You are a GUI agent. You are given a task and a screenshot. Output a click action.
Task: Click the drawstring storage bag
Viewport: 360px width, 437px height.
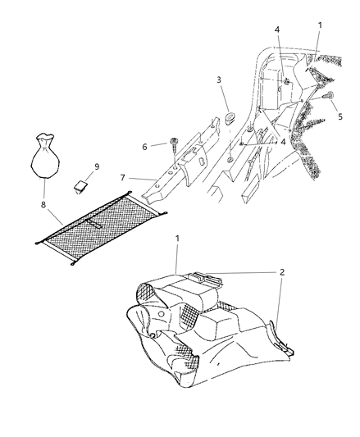tap(44, 156)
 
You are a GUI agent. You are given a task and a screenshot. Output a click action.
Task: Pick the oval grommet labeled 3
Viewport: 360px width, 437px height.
tap(230, 118)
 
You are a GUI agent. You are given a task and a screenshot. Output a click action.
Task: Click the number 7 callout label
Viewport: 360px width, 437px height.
tap(123, 178)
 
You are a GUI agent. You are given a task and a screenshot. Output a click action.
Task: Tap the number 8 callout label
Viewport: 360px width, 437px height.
tap(43, 205)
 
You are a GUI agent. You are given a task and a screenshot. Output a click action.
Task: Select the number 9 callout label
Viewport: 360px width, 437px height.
tap(97, 166)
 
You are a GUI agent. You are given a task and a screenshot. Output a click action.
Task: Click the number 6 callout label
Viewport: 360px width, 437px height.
tap(144, 147)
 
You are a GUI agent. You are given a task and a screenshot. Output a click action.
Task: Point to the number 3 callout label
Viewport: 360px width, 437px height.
tap(219, 80)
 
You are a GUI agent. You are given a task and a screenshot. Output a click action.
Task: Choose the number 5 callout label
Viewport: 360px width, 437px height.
tap(340, 116)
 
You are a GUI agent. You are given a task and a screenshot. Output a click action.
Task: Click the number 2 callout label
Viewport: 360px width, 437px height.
tap(282, 272)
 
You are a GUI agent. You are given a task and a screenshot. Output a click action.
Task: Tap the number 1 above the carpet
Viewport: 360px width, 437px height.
tap(177, 239)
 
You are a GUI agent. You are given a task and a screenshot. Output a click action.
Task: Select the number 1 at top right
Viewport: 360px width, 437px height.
tap(320, 25)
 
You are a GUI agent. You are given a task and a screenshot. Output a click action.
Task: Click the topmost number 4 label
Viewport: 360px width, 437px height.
tap(277, 30)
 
